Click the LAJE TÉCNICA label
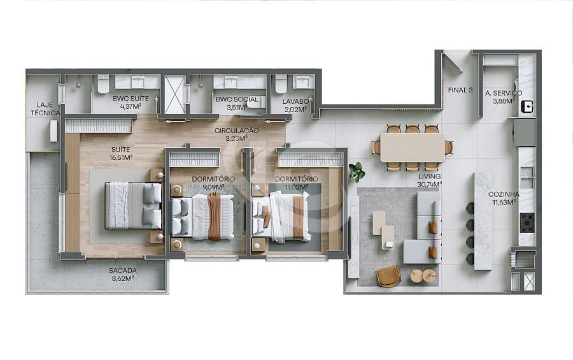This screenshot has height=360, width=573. [45, 109]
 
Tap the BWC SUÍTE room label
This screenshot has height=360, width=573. [131, 99]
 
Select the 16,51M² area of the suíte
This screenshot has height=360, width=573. [120, 157]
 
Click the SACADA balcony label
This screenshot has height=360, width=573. [122, 271]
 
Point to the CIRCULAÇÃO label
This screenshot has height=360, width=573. [236, 131]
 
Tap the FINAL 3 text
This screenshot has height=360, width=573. [460, 90]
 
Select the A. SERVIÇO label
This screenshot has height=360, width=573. [504, 93]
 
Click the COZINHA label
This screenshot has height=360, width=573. [504, 194]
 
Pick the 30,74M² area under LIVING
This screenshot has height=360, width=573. [429, 185]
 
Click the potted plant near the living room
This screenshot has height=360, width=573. [357, 172]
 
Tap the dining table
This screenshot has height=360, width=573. [412, 147]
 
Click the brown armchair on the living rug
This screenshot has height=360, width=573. [388, 277]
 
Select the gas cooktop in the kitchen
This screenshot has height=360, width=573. [527, 223]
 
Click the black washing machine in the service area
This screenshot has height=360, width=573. [527, 107]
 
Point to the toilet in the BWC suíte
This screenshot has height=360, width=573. [103, 84]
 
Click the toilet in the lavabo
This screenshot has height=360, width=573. [281, 84]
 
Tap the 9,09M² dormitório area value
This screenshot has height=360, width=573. [214, 187]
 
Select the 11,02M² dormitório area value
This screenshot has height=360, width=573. [296, 187]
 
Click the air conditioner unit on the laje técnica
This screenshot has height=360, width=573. [53, 131]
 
